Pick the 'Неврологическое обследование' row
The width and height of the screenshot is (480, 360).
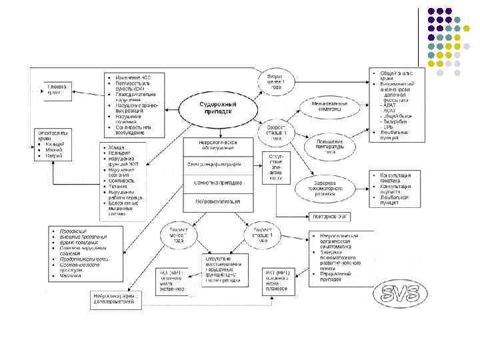coord(219,147)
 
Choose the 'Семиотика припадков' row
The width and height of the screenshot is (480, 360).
coord(219,182)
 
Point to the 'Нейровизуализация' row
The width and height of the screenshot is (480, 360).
coord(219,199)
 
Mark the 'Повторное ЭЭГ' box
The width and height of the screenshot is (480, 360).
coord(329,217)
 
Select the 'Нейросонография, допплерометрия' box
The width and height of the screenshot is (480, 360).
coord(117,300)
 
